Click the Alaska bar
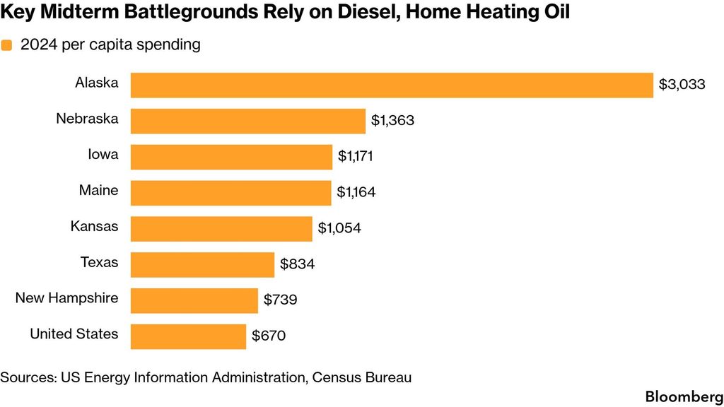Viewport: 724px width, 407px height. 392,85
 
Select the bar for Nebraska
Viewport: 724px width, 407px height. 248,122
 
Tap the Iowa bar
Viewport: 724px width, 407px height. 231,157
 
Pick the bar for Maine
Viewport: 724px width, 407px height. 231,193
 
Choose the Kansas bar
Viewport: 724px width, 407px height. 221,229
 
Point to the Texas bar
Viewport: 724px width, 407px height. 202,265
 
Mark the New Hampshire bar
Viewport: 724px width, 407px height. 194,301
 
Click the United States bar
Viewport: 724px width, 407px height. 188,337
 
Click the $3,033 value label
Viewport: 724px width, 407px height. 682,85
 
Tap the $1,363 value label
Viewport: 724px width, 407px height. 392,120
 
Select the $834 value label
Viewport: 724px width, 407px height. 298,264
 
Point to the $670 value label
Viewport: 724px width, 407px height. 269,336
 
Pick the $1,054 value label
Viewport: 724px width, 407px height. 339,228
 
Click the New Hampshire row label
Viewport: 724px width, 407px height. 67,298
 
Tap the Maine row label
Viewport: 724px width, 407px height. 99,190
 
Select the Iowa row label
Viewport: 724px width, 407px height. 103,154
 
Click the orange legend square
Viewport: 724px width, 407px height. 6,45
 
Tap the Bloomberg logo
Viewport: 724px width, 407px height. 684,397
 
